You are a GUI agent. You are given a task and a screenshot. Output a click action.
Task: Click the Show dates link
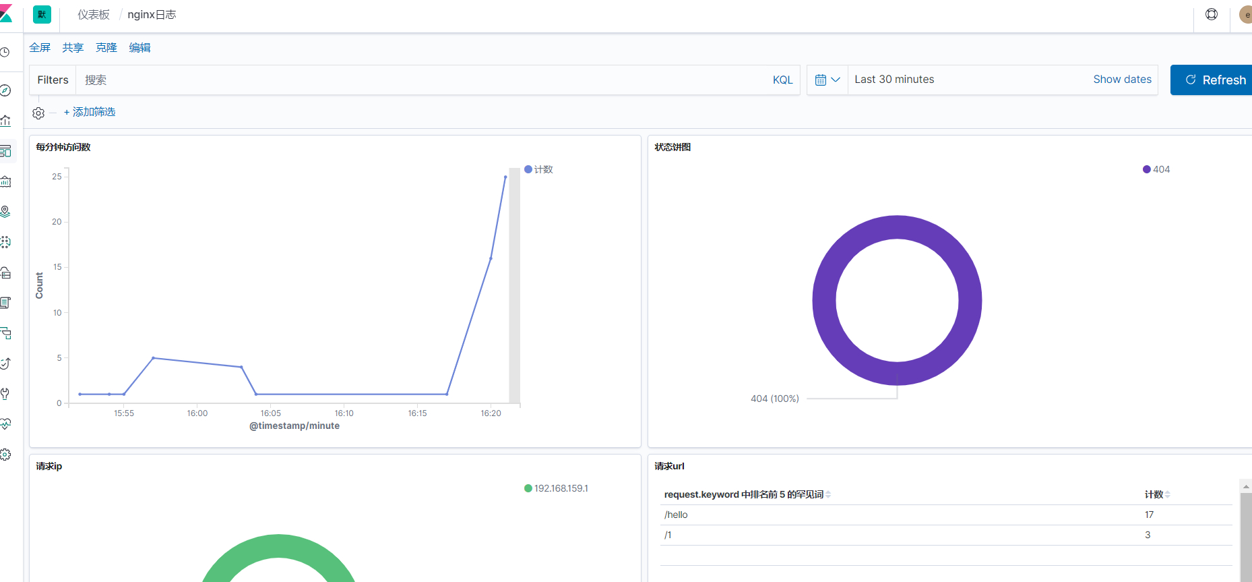1122,80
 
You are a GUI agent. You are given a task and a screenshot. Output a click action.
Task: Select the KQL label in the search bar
782,80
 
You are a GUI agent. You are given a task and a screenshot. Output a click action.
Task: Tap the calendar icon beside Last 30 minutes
821,80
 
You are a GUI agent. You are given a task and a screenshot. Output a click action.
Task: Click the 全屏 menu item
40,48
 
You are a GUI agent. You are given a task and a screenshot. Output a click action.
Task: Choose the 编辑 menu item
139,48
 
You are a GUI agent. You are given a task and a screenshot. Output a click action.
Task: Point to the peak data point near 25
505,177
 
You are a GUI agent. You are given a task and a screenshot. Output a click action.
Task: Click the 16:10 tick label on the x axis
344,413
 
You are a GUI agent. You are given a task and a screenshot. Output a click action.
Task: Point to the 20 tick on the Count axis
57,222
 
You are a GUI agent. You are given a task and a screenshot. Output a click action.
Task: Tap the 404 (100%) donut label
774,399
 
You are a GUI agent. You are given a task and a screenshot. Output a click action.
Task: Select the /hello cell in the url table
676,515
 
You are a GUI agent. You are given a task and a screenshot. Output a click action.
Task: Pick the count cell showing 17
1149,515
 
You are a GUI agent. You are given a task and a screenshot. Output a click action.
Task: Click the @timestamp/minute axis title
294,426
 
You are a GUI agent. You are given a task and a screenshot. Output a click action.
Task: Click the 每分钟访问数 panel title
63,147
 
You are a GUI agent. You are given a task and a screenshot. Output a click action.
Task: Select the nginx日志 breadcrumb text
152,15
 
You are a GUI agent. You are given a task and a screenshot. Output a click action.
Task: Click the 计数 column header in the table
1154,494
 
